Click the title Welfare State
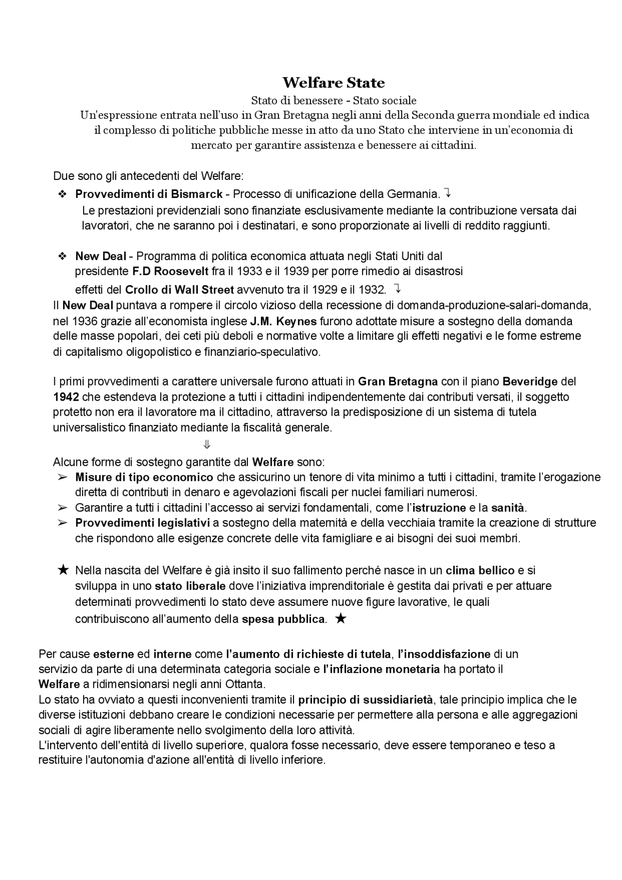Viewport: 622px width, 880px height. click(x=333, y=83)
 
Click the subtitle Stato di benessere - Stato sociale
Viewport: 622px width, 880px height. click(x=333, y=101)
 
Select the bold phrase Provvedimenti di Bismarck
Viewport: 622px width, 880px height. click(x=149, y=194)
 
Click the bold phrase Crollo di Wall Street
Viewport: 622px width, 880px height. click(x=179, y=290)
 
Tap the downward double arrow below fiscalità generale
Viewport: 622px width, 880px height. click(x=207, y=444)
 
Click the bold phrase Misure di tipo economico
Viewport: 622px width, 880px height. click(x=144, y=477)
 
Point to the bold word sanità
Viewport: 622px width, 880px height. click(x=508, y=508)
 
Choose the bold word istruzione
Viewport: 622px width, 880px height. click(x=439, y=508)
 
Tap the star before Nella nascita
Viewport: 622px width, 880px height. click(x=63, y=570)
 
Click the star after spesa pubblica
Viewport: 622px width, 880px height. click(x=341, y=618)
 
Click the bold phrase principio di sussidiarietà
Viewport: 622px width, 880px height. click(x=365, y=700)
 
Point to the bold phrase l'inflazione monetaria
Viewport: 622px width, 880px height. click(x=381, y=669)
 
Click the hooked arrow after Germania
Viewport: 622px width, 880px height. click(x=448, y=194)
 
